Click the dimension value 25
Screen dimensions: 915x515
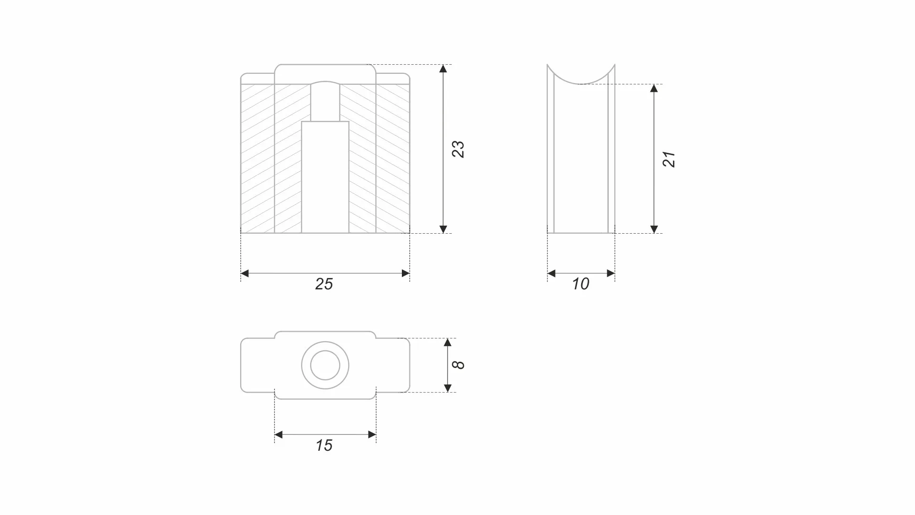(x=324, y=284)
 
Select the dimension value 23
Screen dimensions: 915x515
(x=458, y=149)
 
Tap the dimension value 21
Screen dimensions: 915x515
(x=669, y=159)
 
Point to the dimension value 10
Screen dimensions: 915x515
(x=580, y=284)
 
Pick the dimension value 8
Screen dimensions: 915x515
(x=458, y=365)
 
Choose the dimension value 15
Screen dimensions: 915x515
(x=324, y=446)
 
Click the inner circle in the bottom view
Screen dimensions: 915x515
(x=325, y=365)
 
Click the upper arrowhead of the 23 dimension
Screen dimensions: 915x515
(x=443, y=69)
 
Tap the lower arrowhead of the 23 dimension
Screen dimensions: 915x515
(x=443, y=229)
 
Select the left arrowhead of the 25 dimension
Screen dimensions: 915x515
(x=245, y=273)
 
